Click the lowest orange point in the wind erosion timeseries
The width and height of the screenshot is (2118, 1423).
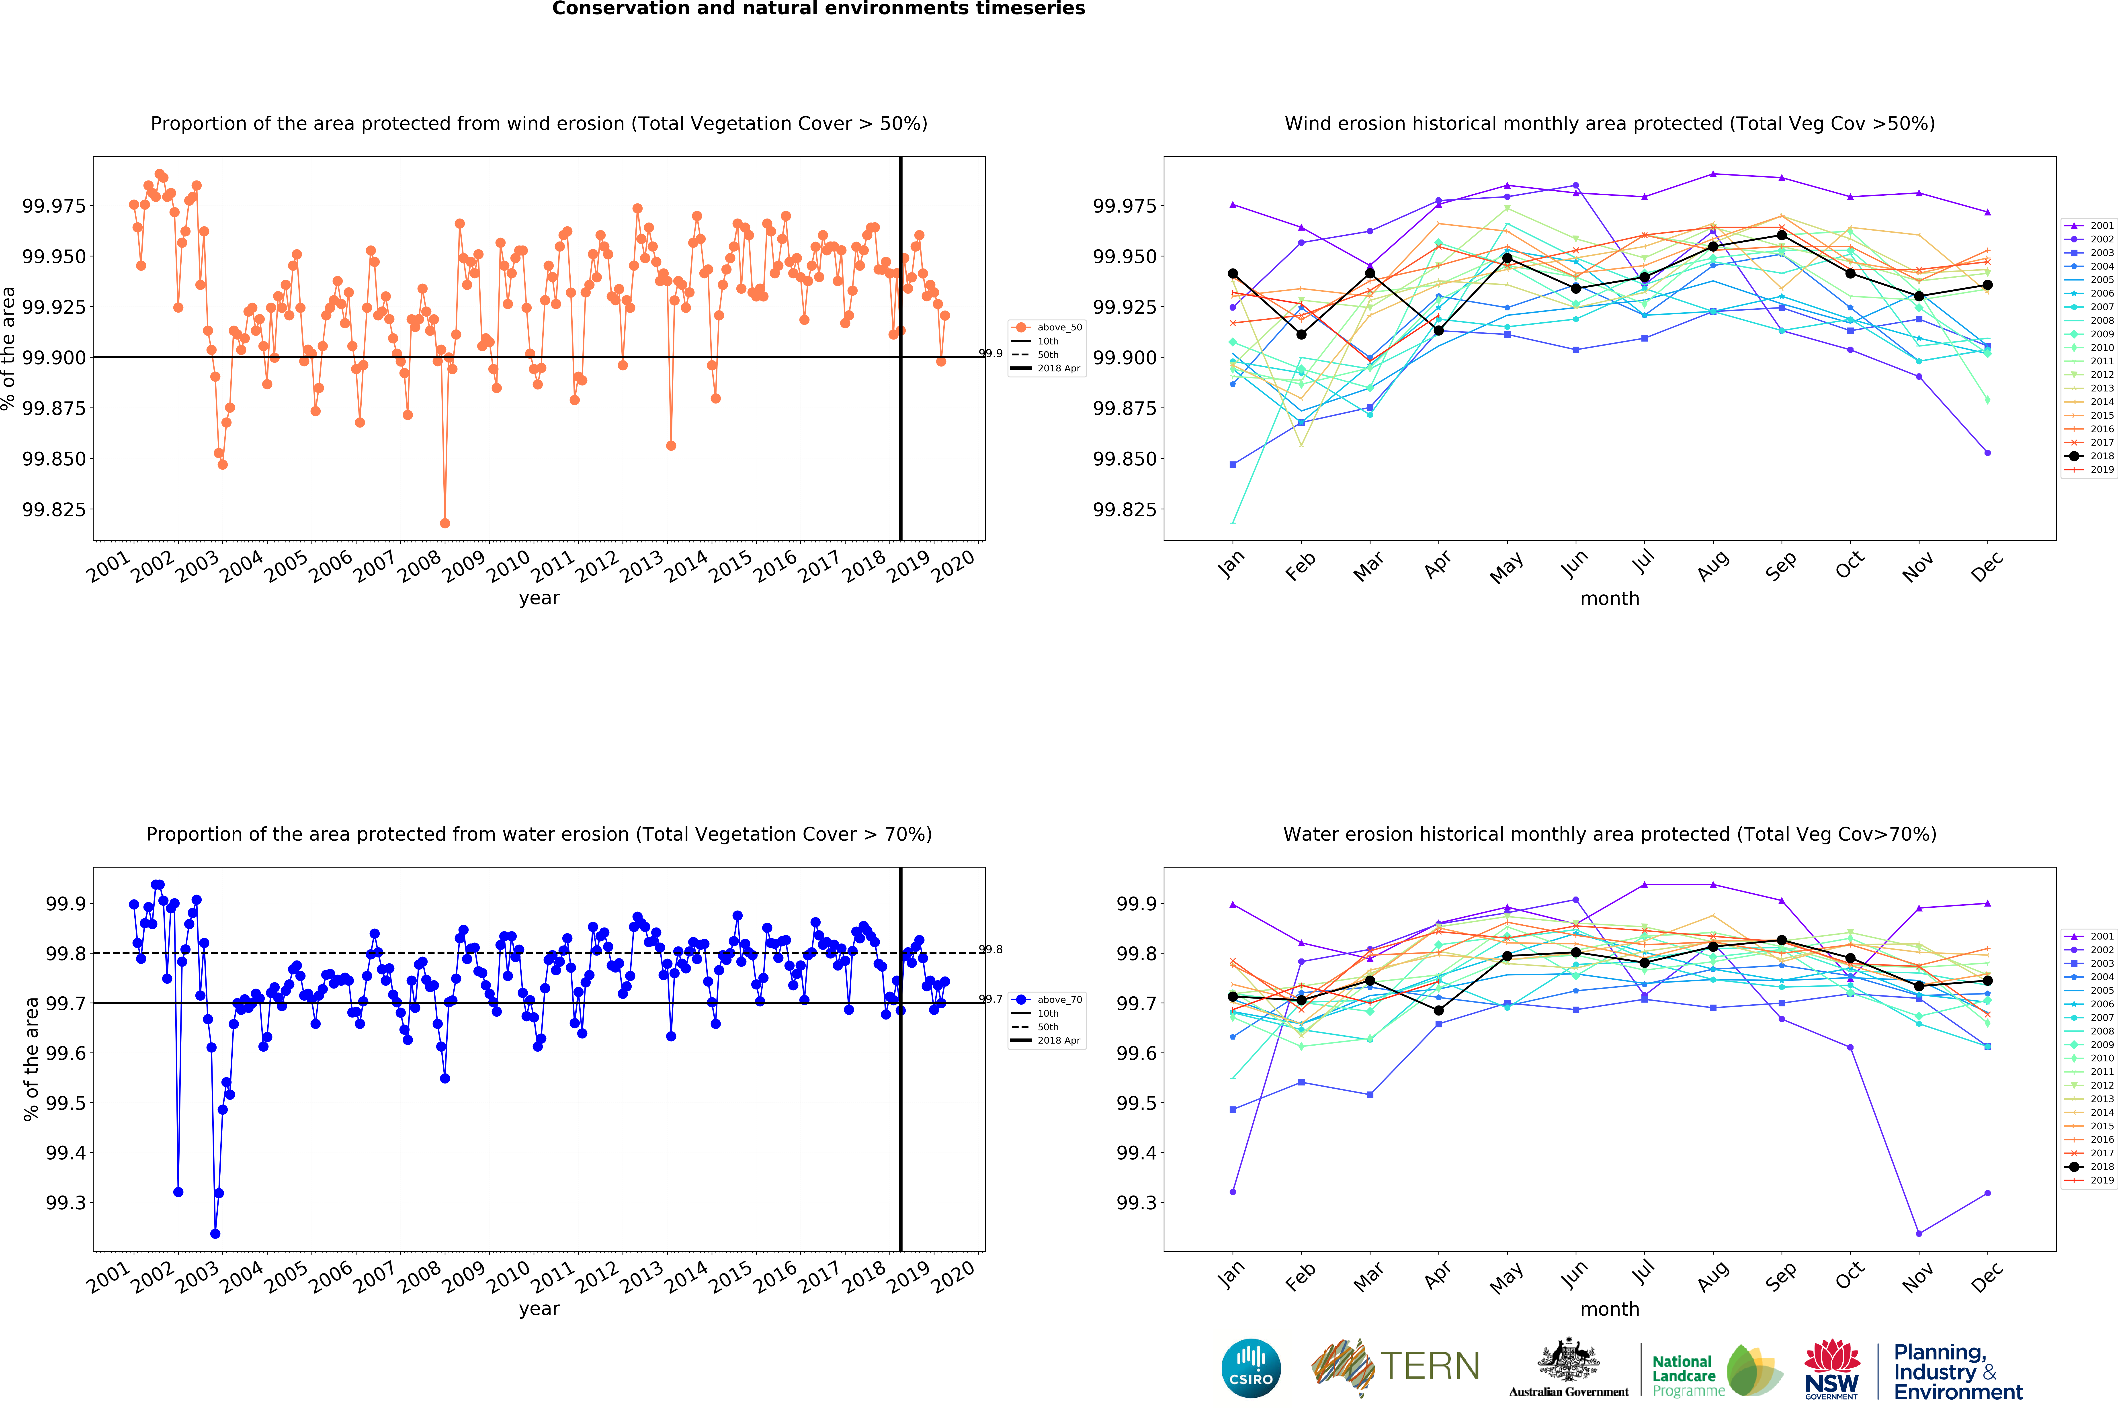point(445,524)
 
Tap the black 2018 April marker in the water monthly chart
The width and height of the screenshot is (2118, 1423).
point(1438,1010)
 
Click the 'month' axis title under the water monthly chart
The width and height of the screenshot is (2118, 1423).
point(1610,1309)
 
